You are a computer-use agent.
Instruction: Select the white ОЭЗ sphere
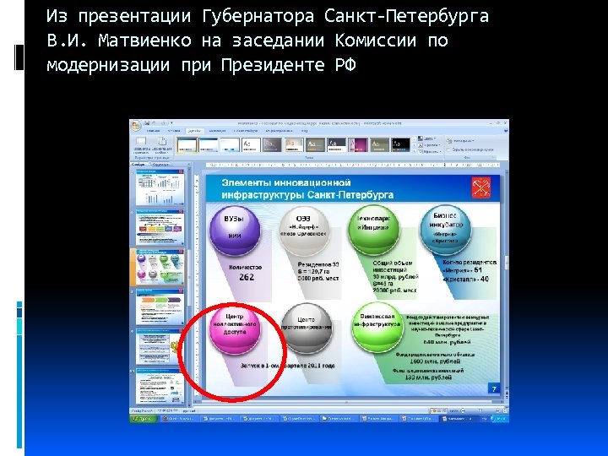[302, 228]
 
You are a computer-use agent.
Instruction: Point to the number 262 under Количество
[246, 277]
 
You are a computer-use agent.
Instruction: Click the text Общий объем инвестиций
[391, 265]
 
